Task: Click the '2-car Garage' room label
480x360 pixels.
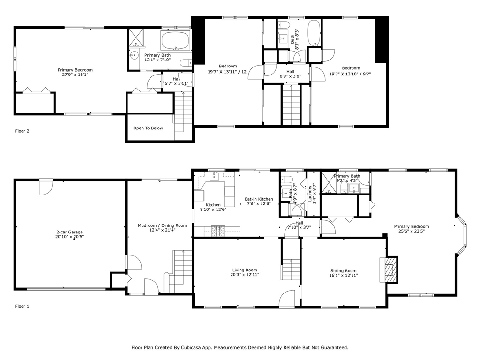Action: (x=69, y=232)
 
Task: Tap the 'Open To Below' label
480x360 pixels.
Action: (x=148, y=128)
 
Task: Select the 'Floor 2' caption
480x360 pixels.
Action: (x=22, y=131)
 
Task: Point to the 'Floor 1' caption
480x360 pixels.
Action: (x=22, y=306)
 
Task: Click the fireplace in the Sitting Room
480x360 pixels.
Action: (x=389, y=269)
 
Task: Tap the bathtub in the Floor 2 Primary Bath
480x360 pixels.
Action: (x=175, y=41)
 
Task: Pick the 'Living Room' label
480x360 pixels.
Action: (x=245, y=270)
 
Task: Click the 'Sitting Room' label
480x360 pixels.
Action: (x=344, y=270)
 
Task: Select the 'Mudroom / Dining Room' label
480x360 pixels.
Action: (x=162, y=225)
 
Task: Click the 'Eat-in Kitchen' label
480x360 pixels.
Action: (x=259, y=199)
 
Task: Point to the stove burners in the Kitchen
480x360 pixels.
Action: (x=217, y=231)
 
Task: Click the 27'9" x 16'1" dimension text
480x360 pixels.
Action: (x=75, y=75)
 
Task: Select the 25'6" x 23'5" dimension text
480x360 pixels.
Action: (x=411, y=231)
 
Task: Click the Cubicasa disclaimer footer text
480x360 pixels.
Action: (x=240, y=347)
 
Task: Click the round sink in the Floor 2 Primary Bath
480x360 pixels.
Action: (x=133, y=55)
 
